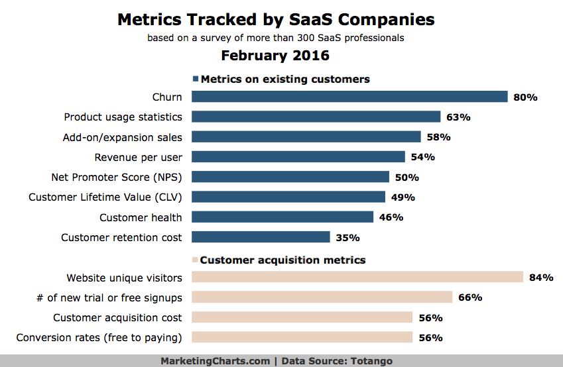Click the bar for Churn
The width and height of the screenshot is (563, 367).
[x=349, y=97]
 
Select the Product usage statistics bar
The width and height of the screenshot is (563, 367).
[x=316, y=117]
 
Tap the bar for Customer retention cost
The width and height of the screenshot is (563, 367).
[x=261, y=237]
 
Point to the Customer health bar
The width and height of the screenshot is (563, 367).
[x=282, y=217]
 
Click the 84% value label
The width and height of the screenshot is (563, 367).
[x=541, y=278]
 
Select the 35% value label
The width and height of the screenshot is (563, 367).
[x=347, y=237]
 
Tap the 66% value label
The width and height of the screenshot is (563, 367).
[x=470, y=297]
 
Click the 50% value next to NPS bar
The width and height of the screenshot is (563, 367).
[x=407, y=178]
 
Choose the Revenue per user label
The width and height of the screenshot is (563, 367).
[x=138, y=157]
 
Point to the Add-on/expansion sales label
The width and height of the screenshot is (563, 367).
[x=123, y=137]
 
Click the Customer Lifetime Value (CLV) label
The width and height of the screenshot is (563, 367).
[x=105, y=197]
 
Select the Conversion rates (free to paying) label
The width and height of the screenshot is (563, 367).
[x=99, y=338]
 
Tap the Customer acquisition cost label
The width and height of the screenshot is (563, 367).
[x=117, y=317]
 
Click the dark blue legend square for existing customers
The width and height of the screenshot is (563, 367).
[x=196, y=79]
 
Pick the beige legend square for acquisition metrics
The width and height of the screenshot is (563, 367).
[x=195, y=260]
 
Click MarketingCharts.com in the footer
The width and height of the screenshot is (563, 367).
[x=215, y=361]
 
